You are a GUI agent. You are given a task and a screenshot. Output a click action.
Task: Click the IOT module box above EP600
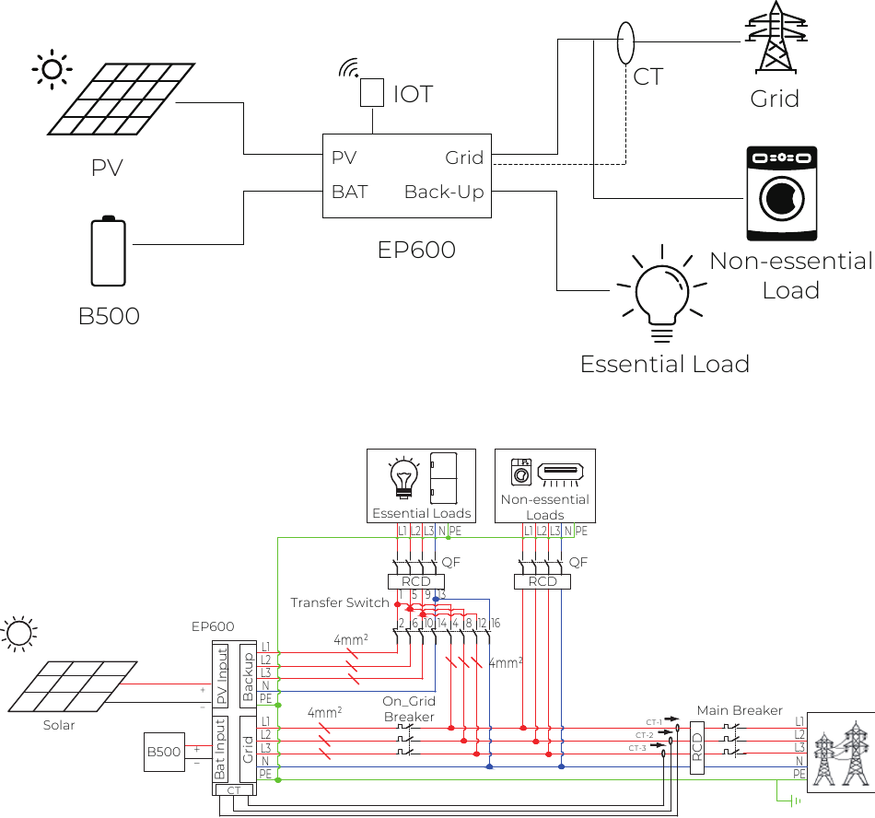371,92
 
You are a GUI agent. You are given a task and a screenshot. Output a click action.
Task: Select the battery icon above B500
108,251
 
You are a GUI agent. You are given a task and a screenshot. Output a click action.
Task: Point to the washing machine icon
781,193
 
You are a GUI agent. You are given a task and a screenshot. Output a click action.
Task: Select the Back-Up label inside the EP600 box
444,192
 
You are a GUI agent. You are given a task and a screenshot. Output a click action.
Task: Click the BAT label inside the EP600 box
350,192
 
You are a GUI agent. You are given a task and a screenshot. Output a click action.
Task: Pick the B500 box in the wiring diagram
164,752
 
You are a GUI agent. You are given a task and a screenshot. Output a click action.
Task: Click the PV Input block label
221,677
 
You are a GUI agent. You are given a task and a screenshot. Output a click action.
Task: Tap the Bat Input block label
221,750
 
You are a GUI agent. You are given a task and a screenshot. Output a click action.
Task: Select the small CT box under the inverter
233,790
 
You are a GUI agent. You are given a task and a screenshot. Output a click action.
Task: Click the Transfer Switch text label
340,602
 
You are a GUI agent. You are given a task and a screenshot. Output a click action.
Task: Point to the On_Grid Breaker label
409,709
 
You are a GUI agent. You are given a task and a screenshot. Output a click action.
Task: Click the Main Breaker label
740,710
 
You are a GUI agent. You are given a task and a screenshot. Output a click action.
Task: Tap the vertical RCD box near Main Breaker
697,746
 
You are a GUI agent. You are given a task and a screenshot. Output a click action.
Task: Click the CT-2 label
644,735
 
